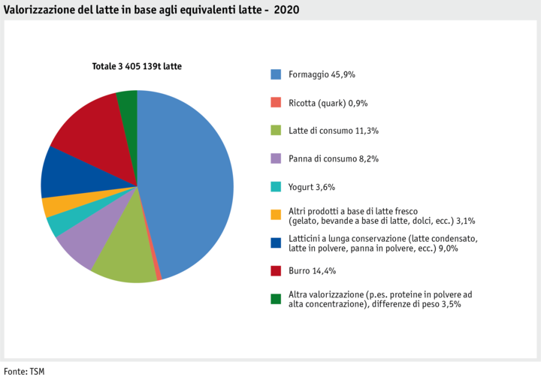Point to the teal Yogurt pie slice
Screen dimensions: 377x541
point(57,223)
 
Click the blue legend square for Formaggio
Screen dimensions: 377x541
point(276,74)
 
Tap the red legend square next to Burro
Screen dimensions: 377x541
point(276,270)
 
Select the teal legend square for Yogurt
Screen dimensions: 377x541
point(276,186)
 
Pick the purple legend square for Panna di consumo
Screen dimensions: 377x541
point(276,158)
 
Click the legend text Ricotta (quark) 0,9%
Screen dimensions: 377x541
point(328,103)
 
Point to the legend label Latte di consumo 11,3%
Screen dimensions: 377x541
point(334,131)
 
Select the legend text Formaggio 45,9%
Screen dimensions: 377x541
point(322,74)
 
